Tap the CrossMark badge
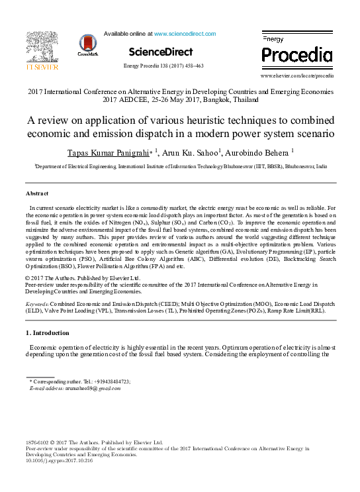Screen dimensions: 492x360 pos(87,45)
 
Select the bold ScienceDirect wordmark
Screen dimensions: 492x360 pos(161,52)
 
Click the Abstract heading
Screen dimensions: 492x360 pos(37,193)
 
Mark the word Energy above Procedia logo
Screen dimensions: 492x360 pos(273,40)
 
